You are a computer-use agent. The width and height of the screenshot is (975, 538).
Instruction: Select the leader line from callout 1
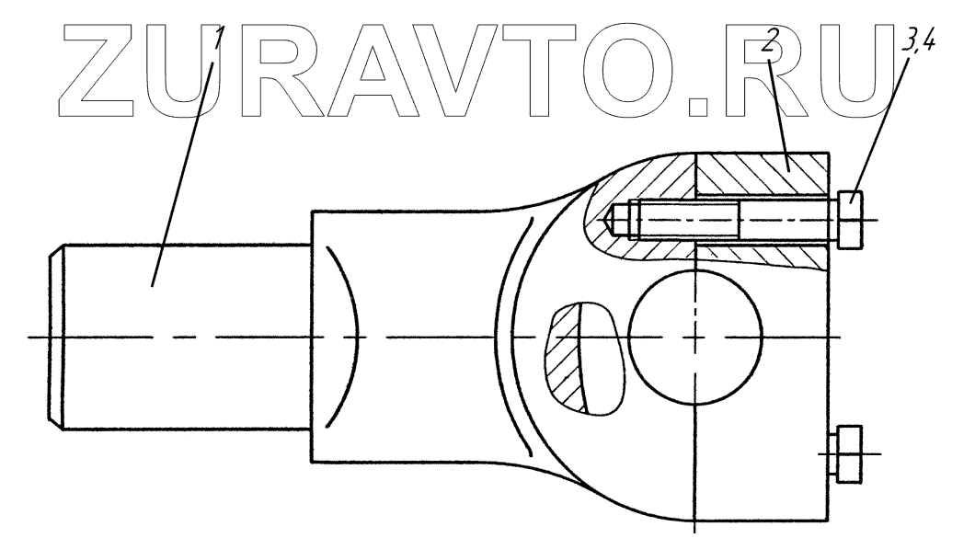[183, 156]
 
